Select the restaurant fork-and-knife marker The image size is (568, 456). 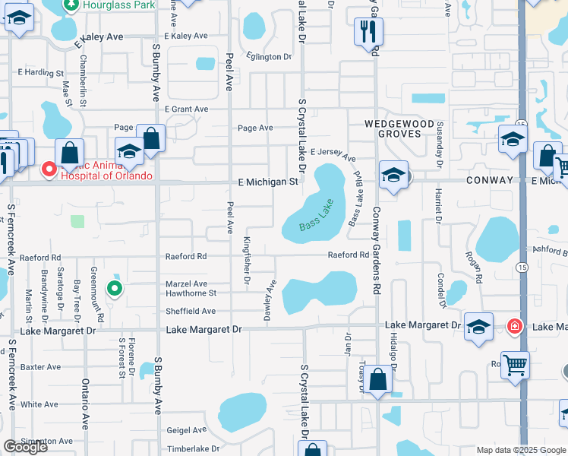368,32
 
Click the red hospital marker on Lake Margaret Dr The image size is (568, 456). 515,326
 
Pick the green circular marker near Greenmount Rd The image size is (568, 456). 114,288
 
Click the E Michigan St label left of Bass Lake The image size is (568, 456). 267,182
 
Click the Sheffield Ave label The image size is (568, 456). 191,311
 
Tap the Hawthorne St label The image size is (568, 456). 191,293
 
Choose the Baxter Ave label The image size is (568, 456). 41,367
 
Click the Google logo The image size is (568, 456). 25,447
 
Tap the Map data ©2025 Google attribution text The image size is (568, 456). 520,450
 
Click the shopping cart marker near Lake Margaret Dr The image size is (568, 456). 515,366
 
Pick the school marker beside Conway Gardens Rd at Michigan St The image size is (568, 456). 393,176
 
